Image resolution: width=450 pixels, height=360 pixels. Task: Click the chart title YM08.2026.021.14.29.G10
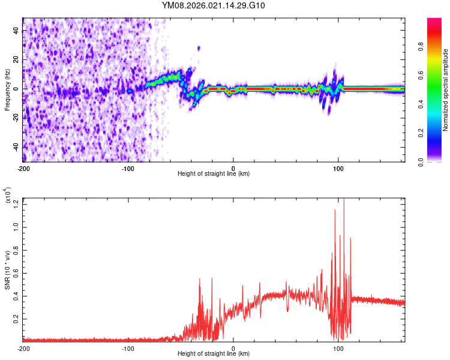pyautogui.click(x=214, y=6)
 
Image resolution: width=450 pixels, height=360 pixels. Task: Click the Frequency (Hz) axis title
pyautogui.click(x=7, y=89)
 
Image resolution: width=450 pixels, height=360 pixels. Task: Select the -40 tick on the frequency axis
pyautogui.click(x=16, y=147)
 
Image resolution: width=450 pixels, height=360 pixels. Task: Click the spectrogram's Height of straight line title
pyautogui.click(x=214, y=174)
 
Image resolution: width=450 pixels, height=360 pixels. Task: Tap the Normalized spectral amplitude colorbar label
pyautogui.click(x=446, y=89)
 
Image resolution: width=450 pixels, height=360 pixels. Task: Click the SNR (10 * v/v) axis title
pyautogui.click(x=7, y=269)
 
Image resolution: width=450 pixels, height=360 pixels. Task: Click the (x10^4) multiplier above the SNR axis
pyautogui.click(x=9, y=195)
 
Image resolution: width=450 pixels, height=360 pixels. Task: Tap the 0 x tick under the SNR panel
pyautogui.click(x=233, y=348)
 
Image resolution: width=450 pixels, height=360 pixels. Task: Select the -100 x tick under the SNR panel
pyautogui.click(x=128, y=348)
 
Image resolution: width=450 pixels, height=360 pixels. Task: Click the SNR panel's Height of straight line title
pyautogui.click(x=214, y=355)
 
